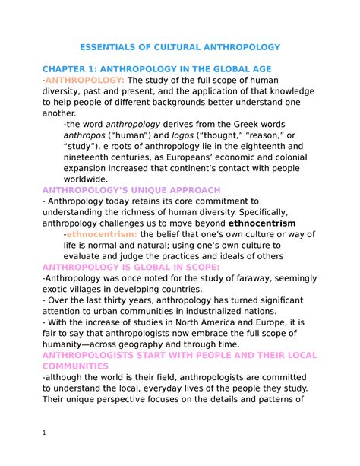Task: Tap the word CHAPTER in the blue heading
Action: (65, 69)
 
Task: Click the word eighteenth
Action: (267, 146)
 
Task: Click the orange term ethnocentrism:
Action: (97, 233)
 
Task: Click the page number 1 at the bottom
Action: (45, 433)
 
